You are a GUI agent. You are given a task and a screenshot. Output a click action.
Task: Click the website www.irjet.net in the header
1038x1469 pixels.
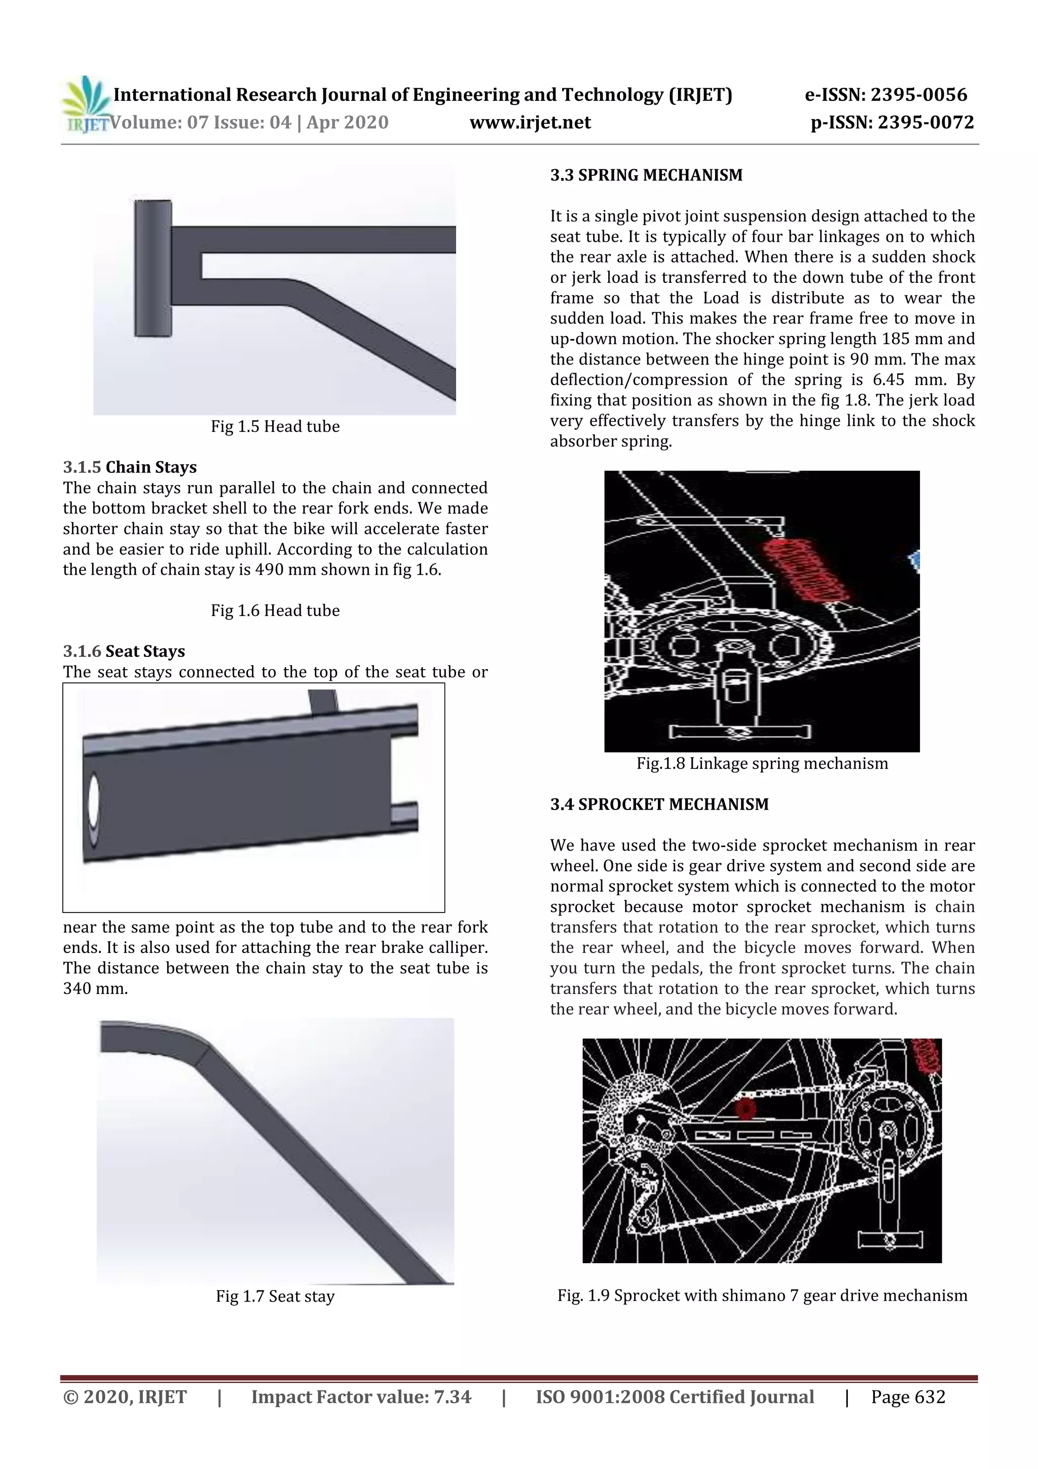(530, 122)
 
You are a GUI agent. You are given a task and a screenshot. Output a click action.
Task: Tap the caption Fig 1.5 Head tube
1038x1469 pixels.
(275, 427)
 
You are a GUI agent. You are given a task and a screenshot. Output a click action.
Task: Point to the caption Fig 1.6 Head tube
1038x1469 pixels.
(275, 610)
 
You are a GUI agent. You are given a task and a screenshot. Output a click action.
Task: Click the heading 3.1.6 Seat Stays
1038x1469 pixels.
(124, 651)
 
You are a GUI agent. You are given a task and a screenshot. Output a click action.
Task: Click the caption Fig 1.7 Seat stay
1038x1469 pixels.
(275, 1296)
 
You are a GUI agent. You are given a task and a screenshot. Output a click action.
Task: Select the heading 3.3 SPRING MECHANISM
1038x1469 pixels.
(646, 175)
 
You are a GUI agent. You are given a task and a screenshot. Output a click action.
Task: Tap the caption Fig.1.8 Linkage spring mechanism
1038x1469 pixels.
(762, 763)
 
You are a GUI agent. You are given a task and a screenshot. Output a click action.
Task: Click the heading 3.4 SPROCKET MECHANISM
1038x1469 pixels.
(659, 804)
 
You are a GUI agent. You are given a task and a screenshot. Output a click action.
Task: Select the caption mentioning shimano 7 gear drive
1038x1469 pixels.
(762, 1296)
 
